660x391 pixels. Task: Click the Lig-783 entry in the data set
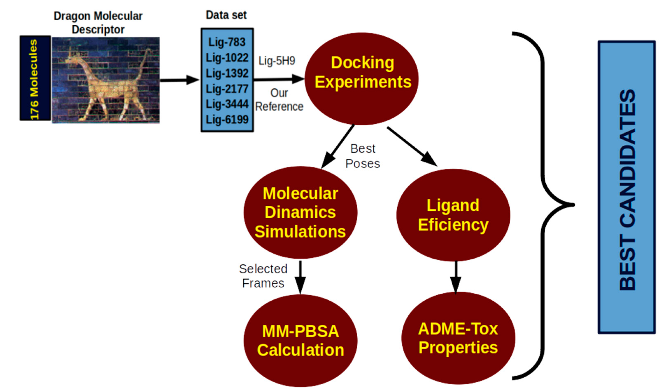[x=227, y=42]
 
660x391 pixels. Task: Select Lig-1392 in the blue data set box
[x=227, y=73]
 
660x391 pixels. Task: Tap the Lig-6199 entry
[x=227, y=120]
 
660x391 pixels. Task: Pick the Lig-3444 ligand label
[x=227, y=104]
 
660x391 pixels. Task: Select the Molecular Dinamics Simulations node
[x=300, y=212]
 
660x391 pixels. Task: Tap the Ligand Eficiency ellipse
[x=453, y=215]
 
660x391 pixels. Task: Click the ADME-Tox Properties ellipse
[x=458, y=338]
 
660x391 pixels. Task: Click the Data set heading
[x=226, y=15]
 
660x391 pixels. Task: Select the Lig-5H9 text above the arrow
[x=277, y=61]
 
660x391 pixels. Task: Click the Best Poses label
[x=363, y=156]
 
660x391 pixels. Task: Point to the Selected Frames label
[x=263, y=276]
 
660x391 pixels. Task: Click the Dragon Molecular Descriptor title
[x=98, y=23]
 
